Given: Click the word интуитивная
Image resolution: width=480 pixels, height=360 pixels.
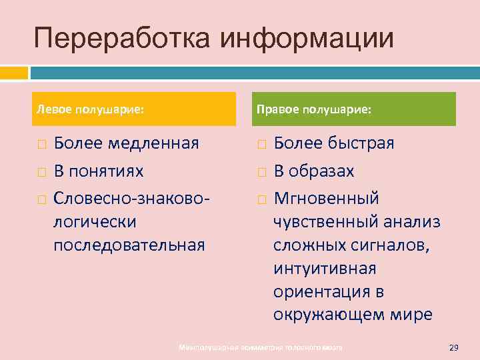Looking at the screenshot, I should click(x=325, y=269).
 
